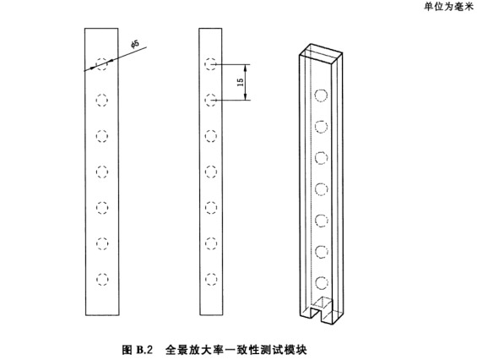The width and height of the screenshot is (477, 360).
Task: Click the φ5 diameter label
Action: coord(135,44)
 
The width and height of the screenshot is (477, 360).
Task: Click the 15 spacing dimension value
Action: coord(241,82)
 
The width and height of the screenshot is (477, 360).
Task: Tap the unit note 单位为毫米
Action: coord(448,7)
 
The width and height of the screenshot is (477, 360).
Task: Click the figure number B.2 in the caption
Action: coord(144,350)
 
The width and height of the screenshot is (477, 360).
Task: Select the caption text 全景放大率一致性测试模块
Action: coord(236,350)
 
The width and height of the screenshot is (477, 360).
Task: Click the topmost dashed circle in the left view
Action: coord(102,64)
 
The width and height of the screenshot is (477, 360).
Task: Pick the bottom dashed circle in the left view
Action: coord(102,279)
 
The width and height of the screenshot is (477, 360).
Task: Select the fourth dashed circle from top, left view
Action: coord(102,172)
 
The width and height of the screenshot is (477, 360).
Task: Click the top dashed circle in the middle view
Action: coord(210,64)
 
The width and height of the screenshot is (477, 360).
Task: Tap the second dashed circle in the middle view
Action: coord(210,101)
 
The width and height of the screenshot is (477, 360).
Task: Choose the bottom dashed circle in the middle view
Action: coord(210,279)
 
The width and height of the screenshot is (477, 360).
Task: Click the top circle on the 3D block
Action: coord(321,95)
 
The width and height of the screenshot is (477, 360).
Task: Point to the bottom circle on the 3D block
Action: coord(322,283)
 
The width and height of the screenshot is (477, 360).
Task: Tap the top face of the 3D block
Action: coord(321,53)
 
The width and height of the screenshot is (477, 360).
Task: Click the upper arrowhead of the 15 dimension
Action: coord(246,68)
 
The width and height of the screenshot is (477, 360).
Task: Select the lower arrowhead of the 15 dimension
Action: coord(246,97)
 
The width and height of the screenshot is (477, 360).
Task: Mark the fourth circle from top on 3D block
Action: coord(322,189)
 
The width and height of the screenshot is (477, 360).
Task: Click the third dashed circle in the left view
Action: coord(102,136)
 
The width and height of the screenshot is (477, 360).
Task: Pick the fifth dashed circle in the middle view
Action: coord(210,208)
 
